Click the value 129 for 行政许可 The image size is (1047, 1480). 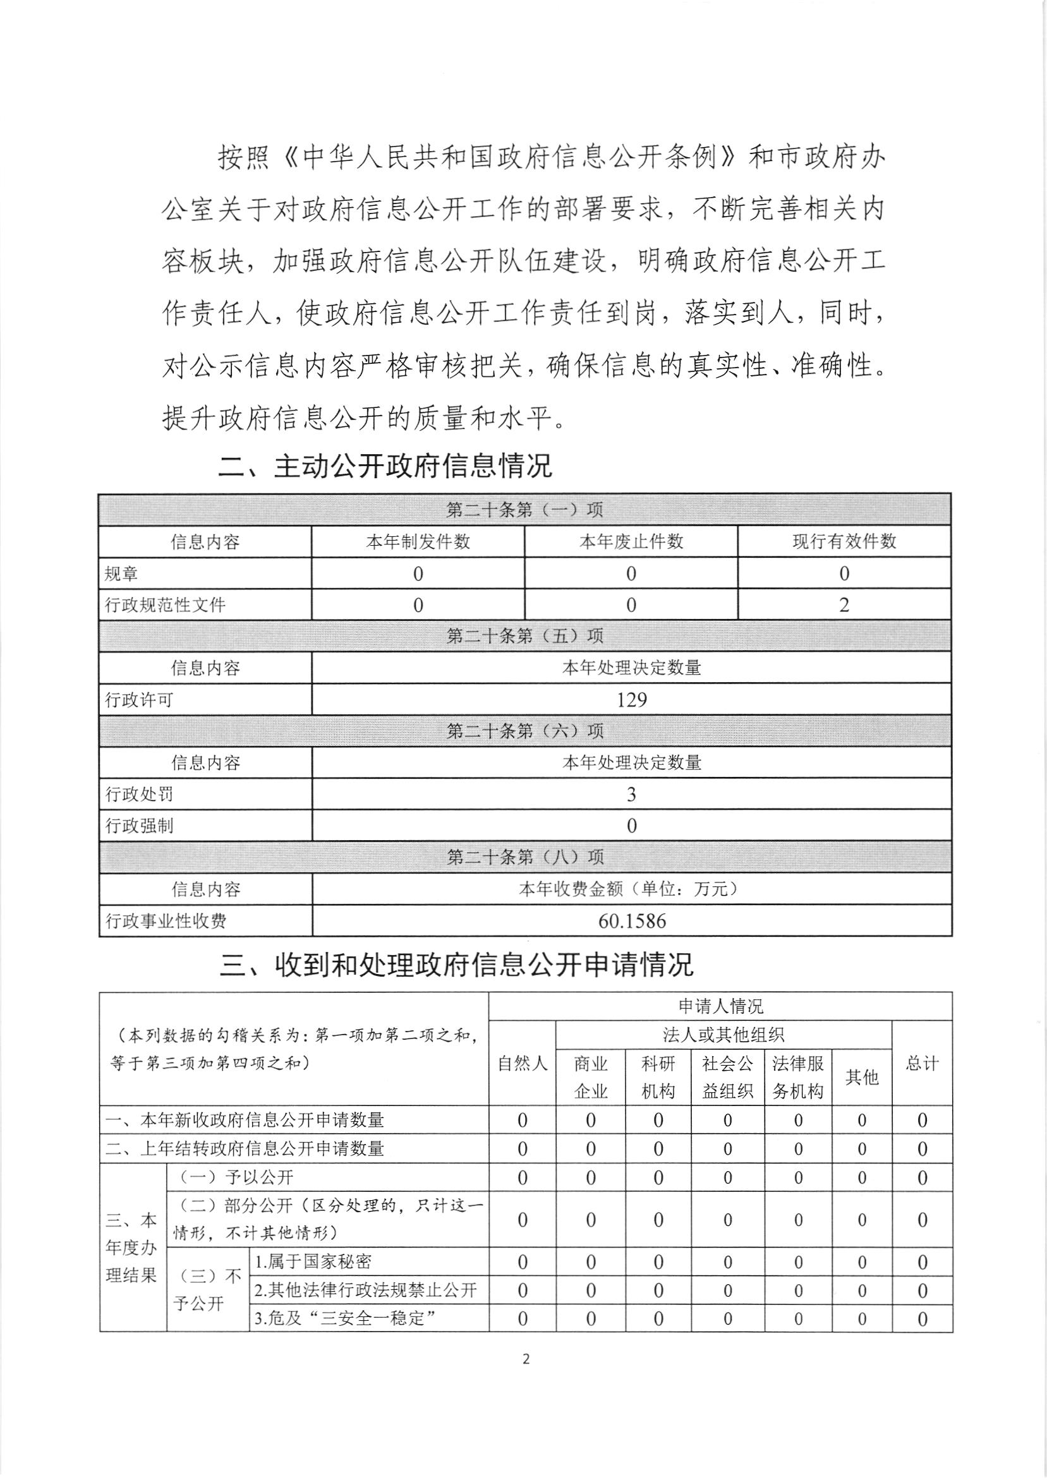pos(631,699)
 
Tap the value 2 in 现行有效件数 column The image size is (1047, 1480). pos(844,605)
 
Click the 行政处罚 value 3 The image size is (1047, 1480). pos(631,794)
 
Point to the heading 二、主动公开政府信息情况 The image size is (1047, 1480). pos(385,466)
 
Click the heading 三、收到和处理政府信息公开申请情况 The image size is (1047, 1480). pos(456,965)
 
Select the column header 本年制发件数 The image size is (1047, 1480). pos(418,541)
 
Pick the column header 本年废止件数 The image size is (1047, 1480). pos(631,541)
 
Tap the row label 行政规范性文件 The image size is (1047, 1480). pos(166,605)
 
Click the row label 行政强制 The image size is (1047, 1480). pos(139,826)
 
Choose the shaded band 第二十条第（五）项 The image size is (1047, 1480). pos(525,636)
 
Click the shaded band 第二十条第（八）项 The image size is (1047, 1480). pos(525,857)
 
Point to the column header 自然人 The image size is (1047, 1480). pos(522,1063)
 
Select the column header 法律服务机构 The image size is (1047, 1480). pos(797,1076)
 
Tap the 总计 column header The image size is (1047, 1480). pos(921,1063)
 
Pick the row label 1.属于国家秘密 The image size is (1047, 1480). pos(313,1261)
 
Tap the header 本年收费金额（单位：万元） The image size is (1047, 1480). pos(631,889)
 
